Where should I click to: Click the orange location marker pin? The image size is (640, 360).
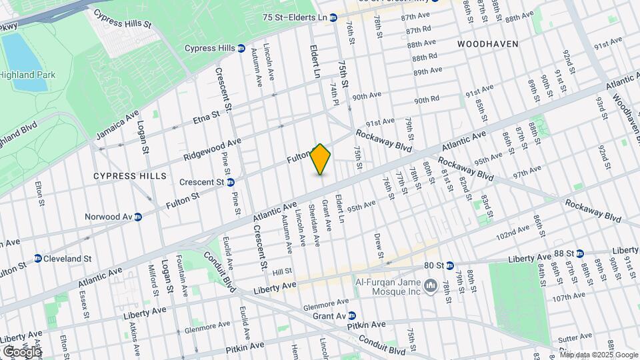pos(321,159)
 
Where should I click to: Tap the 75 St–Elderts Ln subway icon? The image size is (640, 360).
pos(333,17)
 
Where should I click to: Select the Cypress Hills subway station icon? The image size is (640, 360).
pos(241,48)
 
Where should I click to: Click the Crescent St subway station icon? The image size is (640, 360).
pos(230,182)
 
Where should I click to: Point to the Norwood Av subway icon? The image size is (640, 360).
pos(138,217)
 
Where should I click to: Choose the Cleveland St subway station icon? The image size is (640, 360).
pos(38,259)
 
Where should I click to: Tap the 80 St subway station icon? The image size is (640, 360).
pos(450,265)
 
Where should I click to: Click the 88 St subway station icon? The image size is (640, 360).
pos(579,253)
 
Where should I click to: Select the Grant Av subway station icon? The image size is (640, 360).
pos(351,315)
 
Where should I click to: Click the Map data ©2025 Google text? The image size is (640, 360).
pos(599,354)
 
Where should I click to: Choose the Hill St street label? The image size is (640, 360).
pos(283,271)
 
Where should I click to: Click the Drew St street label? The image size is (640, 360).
pos(378,245)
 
